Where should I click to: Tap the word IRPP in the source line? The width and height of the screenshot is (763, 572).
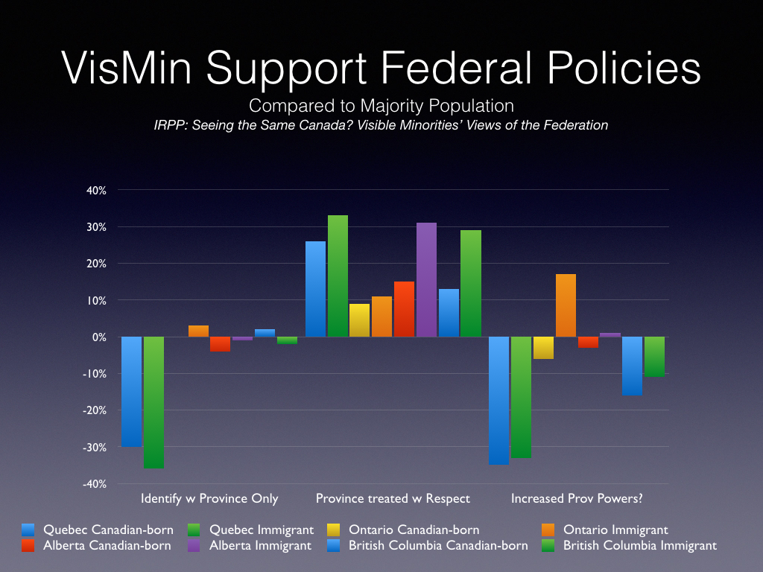tap(171, 125)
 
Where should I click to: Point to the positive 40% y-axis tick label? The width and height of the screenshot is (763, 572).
tap(97, 190)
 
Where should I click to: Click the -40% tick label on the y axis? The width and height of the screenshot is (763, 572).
tap(95, 484)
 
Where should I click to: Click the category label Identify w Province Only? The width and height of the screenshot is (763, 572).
tap(209, 498)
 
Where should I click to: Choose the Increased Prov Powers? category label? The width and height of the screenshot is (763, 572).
tap(577, 498)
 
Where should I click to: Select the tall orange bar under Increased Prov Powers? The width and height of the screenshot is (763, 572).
tap(566, 305)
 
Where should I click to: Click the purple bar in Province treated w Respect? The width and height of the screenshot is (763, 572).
tap(426, 279)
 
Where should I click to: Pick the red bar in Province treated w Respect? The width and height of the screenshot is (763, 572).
tap(404, 309)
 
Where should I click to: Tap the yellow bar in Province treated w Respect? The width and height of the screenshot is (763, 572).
tap(360, 320)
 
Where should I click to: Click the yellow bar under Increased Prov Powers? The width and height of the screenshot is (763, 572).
tap(543, 348)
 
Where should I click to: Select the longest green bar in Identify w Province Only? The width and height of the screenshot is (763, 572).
tap(154, 402)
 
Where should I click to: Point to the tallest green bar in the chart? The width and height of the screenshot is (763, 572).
tap(338, 276)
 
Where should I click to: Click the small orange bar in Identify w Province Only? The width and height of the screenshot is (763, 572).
tap(198, 331)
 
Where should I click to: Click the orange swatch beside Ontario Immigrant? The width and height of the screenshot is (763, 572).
tap(549, 530)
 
